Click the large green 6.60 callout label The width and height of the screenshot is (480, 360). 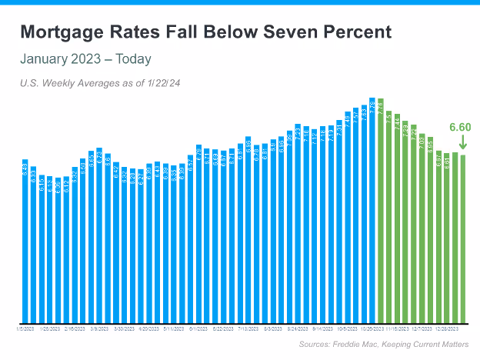pyautogui.click(x=460, y=128)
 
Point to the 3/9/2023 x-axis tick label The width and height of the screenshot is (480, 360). pyautogui.click(x=99, y=328)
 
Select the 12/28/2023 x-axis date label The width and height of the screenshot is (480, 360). pyautogui.click(x=447, y=328)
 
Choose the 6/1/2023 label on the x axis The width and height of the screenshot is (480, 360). pyautogui.click(x=198, y=328)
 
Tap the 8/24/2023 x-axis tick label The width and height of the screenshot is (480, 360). pyautogui.click(x=298, y=328)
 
